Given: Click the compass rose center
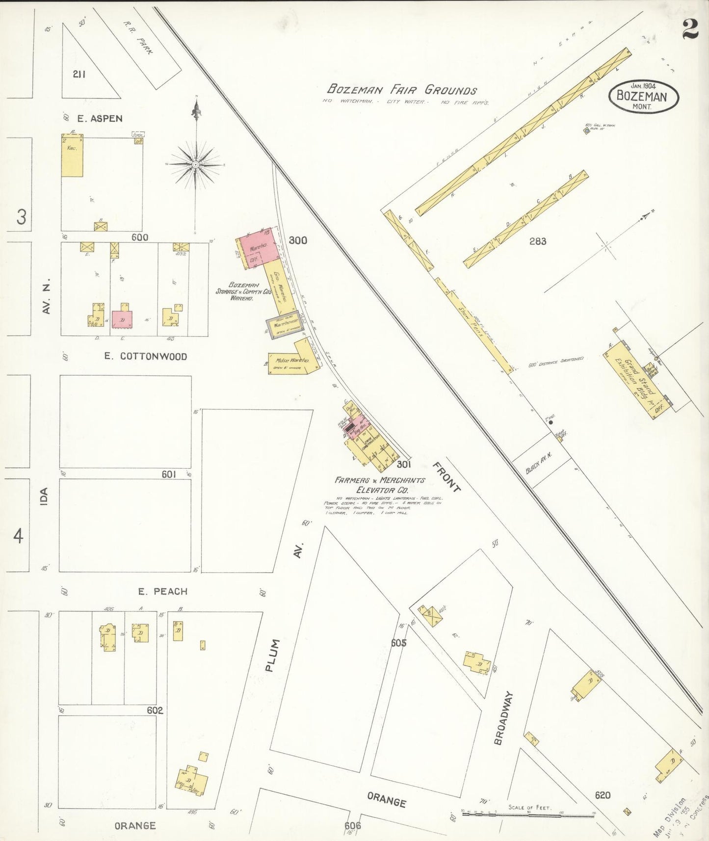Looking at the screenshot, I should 196,164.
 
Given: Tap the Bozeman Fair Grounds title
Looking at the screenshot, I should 402,90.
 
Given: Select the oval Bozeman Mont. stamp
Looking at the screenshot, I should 643,96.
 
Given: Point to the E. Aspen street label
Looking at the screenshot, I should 100,118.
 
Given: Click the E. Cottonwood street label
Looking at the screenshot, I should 145,356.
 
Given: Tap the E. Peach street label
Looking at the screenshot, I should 162,591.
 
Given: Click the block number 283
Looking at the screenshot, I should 537,241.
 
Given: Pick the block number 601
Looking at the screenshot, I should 168,474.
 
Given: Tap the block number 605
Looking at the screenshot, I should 398,643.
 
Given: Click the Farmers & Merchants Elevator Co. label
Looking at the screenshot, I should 379,485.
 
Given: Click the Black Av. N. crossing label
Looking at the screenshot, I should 539,462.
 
